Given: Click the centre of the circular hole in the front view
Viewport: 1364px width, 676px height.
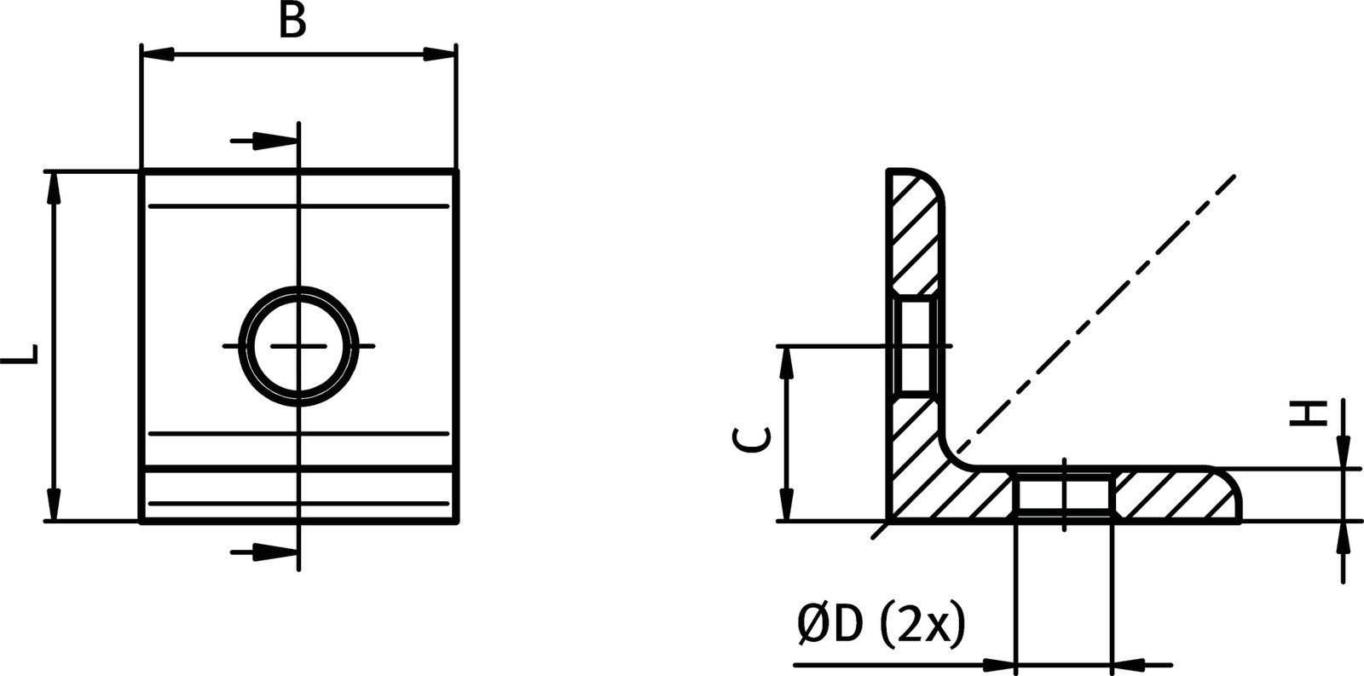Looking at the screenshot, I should click(298, 346).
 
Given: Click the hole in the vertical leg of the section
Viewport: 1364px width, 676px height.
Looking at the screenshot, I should click(916, 346).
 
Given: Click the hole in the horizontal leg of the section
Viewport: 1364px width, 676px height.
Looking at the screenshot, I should click(1064, 494).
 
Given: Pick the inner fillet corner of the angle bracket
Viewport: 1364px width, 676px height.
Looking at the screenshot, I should click(955, 452).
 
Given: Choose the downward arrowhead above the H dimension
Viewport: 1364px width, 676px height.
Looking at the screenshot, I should click(1343, 452).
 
